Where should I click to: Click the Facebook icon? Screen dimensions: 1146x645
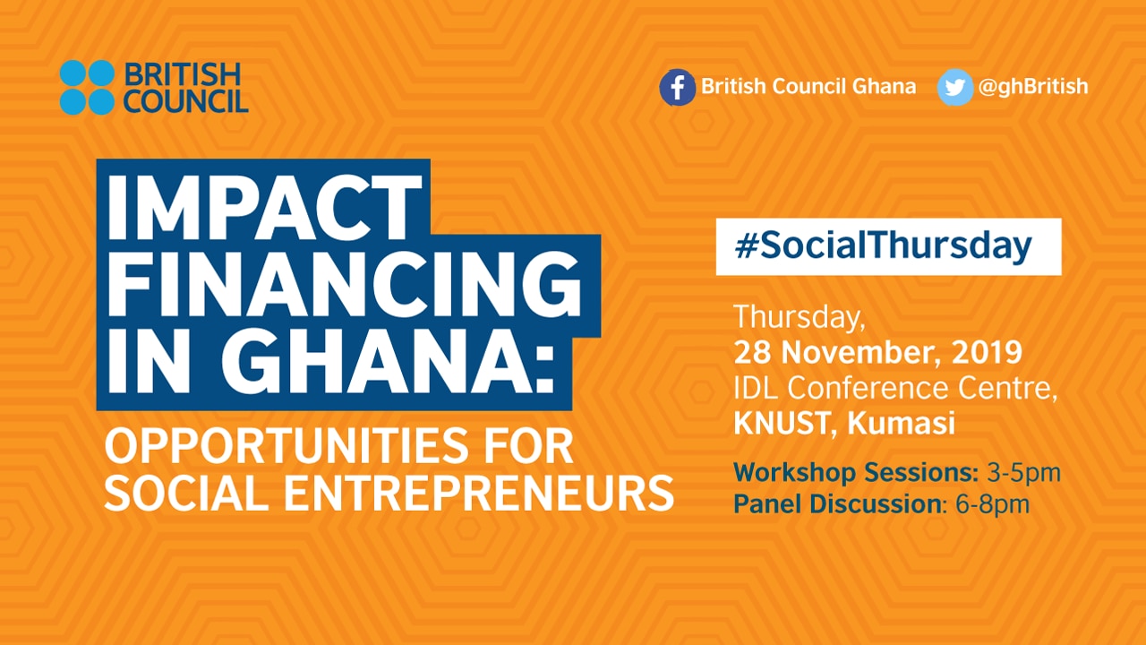pos(678,87)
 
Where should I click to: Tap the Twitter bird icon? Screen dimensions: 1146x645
pos(955,87)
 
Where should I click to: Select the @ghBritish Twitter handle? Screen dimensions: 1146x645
pos(1033,87)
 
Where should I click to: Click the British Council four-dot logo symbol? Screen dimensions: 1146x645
pos(87,87)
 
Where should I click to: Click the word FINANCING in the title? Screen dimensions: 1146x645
pos(345,285)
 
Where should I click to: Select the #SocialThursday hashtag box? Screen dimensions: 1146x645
pos(889,246)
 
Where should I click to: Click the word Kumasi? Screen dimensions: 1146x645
pos(901,424)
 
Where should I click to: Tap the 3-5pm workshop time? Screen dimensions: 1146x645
pos(1023,473)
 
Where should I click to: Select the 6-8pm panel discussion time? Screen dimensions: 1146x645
pos(993,504)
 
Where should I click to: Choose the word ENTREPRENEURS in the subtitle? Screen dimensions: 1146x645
pos(479,494)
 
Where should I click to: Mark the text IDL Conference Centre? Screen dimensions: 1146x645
pos(895,388)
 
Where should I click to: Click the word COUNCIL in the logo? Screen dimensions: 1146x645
pos(185,101)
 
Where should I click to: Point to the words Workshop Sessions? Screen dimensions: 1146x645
pos(856,473)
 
